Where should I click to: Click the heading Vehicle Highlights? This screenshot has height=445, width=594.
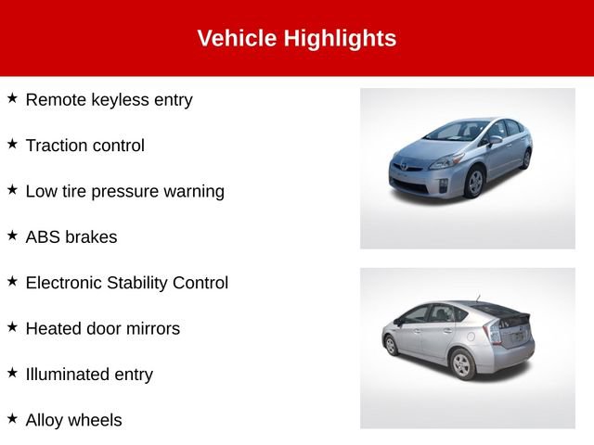[x=296, y=38]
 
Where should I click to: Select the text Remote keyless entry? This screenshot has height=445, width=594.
[x=109, y=99]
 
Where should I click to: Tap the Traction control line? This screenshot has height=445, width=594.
[x=84, y=146]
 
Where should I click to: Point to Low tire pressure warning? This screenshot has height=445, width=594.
[x=124, y=191]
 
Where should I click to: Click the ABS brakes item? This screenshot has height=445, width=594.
[x=71, y=237]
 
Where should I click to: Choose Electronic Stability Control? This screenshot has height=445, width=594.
[x=126, y=283]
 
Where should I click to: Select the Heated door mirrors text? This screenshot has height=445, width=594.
[x=102, y=328]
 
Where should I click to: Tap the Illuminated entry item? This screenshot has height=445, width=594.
[x=89, y=375]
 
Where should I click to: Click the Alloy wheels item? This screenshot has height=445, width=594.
[x=73, y=420]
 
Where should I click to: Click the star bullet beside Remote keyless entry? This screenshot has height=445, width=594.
[x=12, y=97]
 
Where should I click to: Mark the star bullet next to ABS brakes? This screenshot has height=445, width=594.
[x=12, y=235]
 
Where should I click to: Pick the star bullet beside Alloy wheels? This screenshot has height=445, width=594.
[x=12, y=418]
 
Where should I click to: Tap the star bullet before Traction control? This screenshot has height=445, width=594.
[x=12, y=144]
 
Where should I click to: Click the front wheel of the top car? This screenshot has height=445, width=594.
[x=474, y=183]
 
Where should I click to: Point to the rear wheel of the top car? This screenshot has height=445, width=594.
[x=526, y=159]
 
